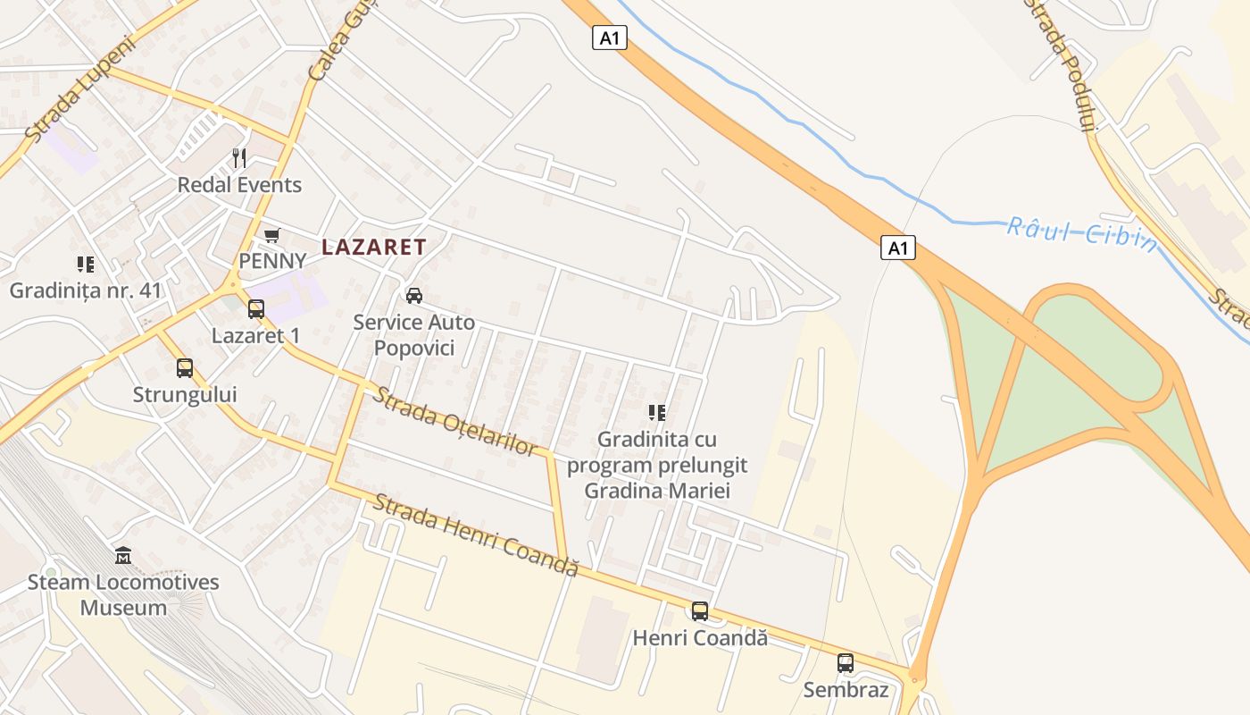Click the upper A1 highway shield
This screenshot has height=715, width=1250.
tap(610, 38)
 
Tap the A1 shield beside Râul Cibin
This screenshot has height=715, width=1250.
tap(898, 248)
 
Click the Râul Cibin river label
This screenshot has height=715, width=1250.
tap(1082, 233)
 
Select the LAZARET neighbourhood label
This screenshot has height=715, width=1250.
tap(374, 248)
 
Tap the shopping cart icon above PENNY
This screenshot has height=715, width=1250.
tap(271, 235)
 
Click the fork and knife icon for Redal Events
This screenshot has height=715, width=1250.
tap(238, 158)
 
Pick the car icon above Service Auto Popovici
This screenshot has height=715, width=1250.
tap(413, 295)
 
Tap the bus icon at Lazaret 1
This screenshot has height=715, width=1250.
tap(256, 309)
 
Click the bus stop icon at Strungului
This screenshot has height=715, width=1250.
tap(185, 367)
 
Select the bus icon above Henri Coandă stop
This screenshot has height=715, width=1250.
tap(700, 611)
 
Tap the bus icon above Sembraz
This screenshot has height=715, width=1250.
tap(846, 663)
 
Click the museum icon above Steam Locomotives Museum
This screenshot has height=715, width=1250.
tap(123, 556)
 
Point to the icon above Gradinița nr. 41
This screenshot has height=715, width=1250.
tap(85, 264)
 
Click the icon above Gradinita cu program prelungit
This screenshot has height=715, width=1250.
tap(657, 412)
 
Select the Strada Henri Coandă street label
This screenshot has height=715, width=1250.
tap(476, 534)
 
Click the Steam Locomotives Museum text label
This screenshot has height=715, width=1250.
tap(123, 595)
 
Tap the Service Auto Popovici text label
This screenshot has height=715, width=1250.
tap(414, 334)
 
